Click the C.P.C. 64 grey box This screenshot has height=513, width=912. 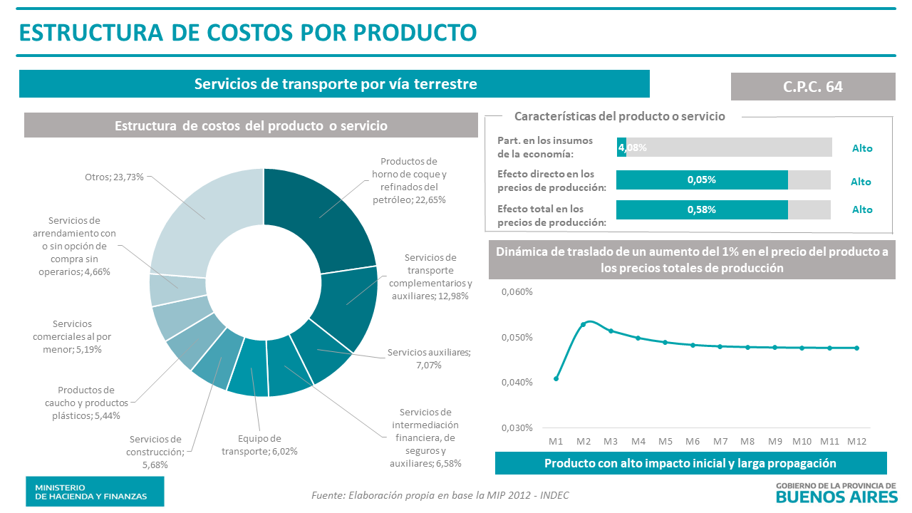point(813,86)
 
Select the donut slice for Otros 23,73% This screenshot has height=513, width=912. point(203,214)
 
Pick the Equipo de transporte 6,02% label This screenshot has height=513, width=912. point(259,445)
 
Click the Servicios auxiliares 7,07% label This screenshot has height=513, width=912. point(429,358)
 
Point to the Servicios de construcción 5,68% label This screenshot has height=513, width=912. point(155,452)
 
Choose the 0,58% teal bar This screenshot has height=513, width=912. point(702,209)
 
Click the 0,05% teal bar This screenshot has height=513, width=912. point(702,180)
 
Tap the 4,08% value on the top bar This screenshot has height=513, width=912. point(633,147)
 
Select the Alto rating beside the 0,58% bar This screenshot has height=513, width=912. point(861,209)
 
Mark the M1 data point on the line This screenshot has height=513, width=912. point(556,378)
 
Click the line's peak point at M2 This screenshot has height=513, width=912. point(584,324)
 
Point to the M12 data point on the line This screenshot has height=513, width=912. point(856,348)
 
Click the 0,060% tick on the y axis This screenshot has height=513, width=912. point(517,292)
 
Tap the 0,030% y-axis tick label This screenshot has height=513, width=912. point(517,427)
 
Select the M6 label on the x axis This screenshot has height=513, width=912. point(693,442)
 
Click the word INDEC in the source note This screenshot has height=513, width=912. point(553,495)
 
